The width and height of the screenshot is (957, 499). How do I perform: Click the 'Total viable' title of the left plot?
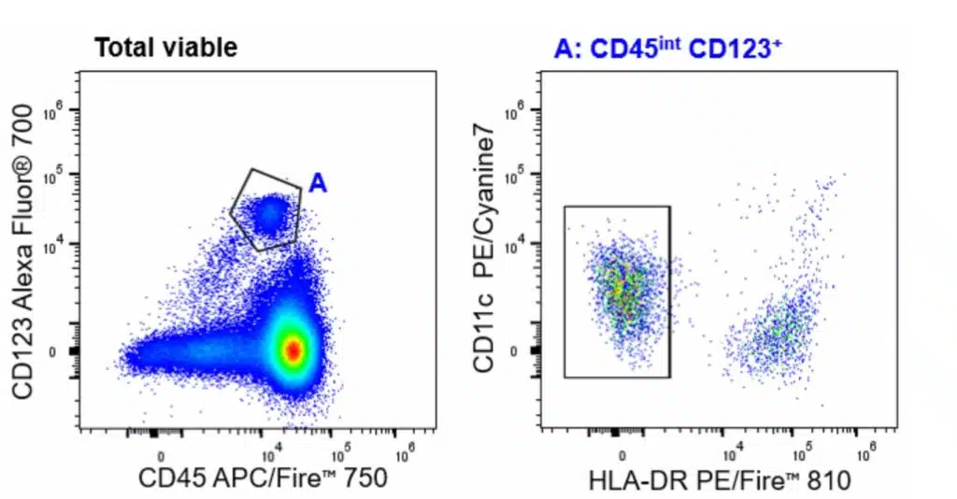point(165,49)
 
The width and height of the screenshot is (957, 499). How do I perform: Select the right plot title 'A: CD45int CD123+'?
point(667,49)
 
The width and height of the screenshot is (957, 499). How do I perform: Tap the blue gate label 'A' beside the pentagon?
point(318,184)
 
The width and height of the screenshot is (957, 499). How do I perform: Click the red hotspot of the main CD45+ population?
point(293,349)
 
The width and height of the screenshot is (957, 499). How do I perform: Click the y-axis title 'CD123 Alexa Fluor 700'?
point(25,252)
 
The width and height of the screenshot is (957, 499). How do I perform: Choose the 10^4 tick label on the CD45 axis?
point(269,456)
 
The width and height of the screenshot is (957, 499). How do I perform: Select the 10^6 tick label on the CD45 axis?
point(404,456)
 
